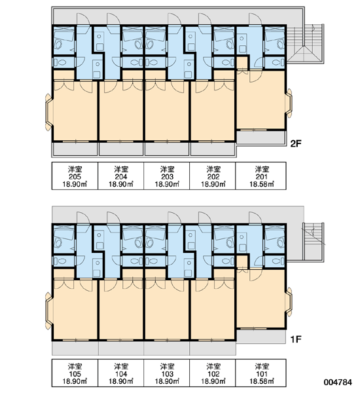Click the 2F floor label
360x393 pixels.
(x=295, y=144)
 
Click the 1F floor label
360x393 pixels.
(x=295, y=339)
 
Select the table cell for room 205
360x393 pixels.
(x=75, y=176)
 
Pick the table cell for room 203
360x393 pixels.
(x=167, y=176)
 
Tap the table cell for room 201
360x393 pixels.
(x=261, y=176)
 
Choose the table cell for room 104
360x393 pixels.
(x=120, y=373)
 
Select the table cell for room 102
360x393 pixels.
(x=213, y=373)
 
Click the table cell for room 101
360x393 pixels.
(x=261, y=373)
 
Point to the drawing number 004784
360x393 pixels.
(x=338, y=383)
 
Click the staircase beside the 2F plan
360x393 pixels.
(x=305, y=44)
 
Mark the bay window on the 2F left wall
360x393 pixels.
(x=49, y=112)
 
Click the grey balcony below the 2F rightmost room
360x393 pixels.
(x=261, y=138)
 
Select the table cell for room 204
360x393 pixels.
(x=120, y=176)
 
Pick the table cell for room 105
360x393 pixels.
(x=75, y=373)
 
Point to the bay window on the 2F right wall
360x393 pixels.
(x=289, y=103)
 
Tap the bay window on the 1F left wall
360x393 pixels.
(x=49, y=310)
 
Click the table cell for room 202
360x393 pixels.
(x=213, y=176)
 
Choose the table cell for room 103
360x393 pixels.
(x=167, y=373)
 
